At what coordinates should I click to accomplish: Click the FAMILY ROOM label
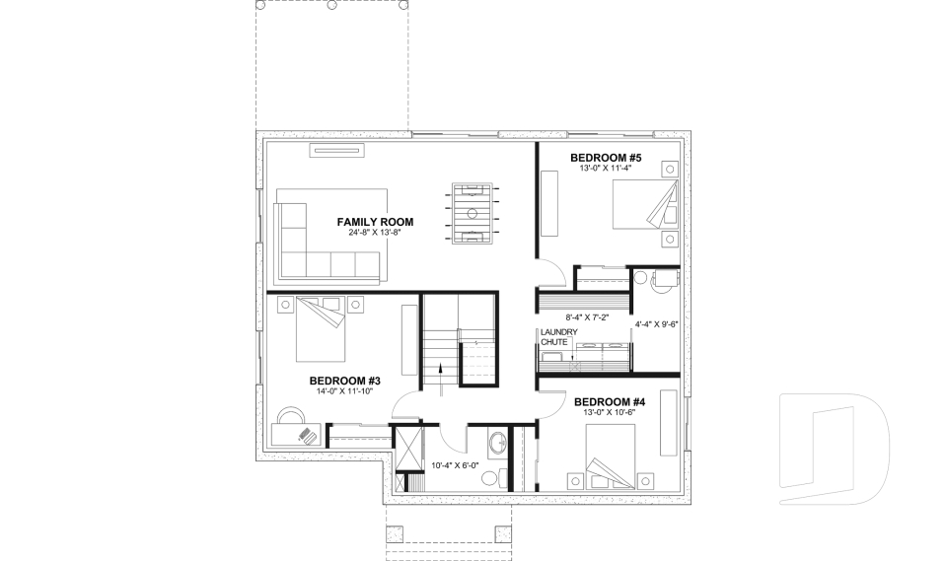[374, 222]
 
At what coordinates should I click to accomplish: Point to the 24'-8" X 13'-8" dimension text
[374, 234]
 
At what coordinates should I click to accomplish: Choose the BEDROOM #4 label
[609, 401]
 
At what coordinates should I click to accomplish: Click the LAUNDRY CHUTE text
[552, 337]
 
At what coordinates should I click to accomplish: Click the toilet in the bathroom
[490, 478]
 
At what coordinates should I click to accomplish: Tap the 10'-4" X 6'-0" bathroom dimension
[455, 465]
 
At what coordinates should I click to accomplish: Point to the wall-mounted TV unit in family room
[338, 150]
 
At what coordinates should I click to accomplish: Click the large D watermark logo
[834, 450]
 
